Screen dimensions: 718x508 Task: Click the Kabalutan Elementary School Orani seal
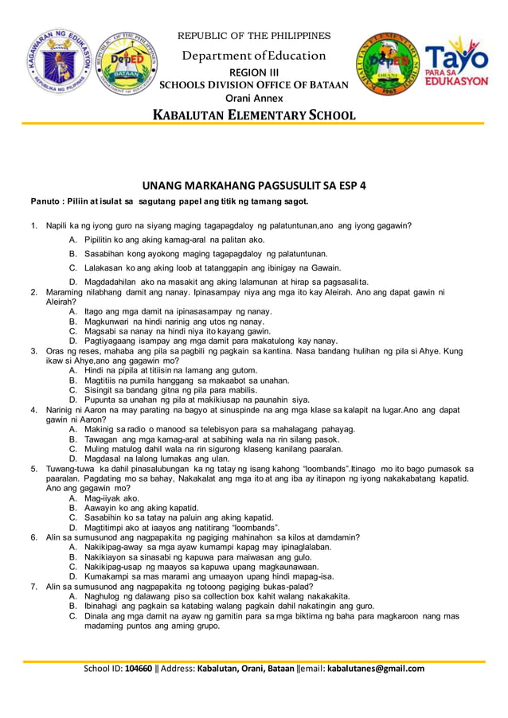click(387, 66)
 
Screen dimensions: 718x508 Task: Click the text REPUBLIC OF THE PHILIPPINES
click(253, 36)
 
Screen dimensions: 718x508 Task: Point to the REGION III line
click(254, 72)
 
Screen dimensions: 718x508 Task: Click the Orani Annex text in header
click(254, 98)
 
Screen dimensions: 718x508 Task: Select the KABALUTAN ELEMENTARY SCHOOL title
click(254, 115)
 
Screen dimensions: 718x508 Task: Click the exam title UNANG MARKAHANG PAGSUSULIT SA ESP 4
click(253, 185)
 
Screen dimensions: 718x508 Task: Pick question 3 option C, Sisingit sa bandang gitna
click(175, 390)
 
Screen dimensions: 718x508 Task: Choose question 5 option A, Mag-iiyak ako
click(111, 498)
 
